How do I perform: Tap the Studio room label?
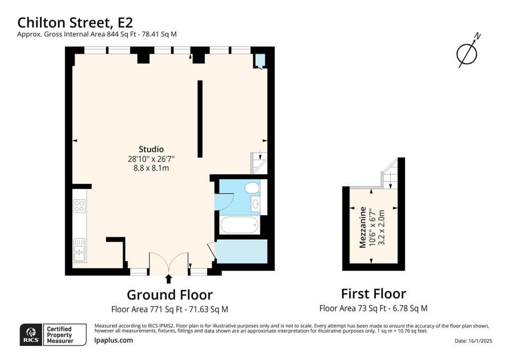[x=151, y=149]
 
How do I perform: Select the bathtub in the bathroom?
[x=240, y=226]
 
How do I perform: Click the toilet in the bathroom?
[x=252, y=187]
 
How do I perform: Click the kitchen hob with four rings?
[x=79, y=206]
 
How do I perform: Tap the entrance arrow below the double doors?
[x=169, y=279]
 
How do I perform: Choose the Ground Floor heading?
[x=170, y=295]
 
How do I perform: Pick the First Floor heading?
[x=373, y=293]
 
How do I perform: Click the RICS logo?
[x=30, y=334]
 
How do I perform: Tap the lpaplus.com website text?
[x=113, y=341]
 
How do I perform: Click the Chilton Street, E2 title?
[x=75, y=22]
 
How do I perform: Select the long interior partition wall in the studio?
[x=200, y=119]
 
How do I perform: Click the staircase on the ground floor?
[x=259, y=163]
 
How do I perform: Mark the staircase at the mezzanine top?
[x=390, y=175]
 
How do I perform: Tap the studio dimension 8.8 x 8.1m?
[x=151, y=168]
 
